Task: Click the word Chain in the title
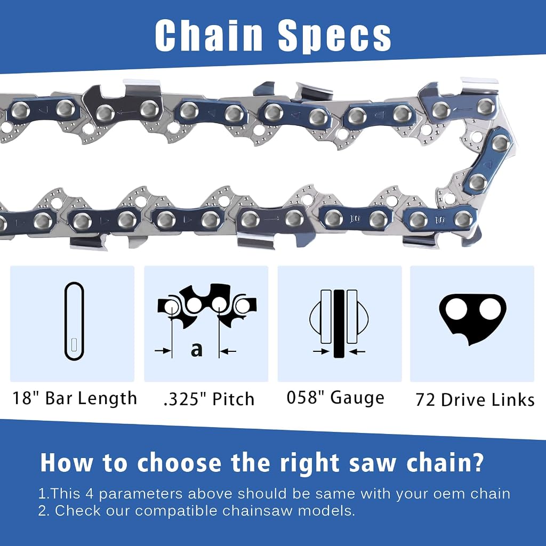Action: (208, 35)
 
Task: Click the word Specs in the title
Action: (335, 36)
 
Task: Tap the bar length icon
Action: (74, 321)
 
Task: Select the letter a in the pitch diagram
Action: (196, 350)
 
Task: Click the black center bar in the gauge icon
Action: (339, 324)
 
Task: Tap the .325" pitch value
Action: (185, 399)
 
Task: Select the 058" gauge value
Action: (306, 397)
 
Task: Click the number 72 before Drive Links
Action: (425, 400)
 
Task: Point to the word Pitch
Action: (234, 399)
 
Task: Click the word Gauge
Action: (357, 398)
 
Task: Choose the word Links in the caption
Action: (512, 399)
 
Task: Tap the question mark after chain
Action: (479, 462)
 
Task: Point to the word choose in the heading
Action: (179, 463)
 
